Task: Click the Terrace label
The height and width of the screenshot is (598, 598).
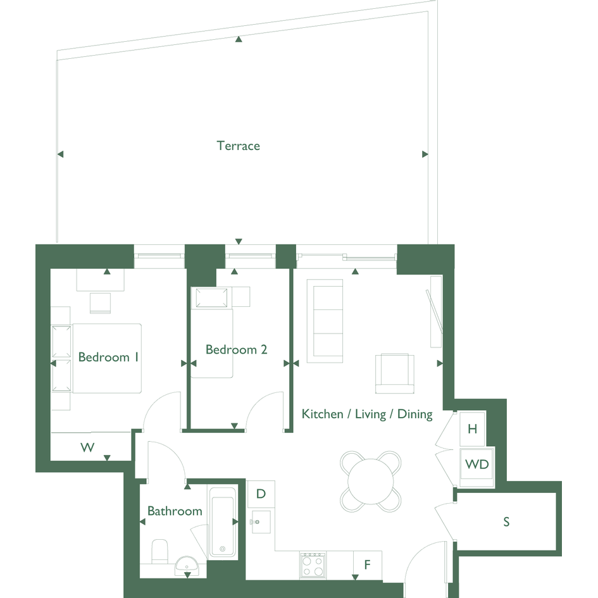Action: tap(239, 146)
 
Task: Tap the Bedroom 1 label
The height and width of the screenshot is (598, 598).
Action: tap(108, 357)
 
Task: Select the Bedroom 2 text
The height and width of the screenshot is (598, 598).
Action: tap(236, 349)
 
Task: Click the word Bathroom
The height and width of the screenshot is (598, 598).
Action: tap(175, 511)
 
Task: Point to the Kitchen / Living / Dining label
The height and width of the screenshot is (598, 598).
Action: tap(367, 414)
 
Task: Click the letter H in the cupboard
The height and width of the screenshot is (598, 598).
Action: tap(473, 429)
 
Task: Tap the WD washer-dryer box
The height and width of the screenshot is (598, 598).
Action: tap(477, 467)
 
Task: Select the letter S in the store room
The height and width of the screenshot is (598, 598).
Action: tap(506, 521)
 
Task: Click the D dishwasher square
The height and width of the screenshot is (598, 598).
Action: tap(261, 494)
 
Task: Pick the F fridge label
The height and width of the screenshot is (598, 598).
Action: tap(367, 564)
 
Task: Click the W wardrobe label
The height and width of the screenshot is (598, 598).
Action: tap(87, 447)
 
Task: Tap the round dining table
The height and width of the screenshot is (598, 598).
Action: tap(370, 482)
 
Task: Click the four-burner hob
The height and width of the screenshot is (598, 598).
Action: tap(313, 565)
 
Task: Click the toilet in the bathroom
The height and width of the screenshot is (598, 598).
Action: tap(160, 551)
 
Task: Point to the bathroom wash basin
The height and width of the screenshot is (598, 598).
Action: tap(187, 565)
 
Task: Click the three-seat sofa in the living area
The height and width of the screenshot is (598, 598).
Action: tap(325, 321)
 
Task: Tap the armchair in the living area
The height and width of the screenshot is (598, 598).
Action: tap(395, 374)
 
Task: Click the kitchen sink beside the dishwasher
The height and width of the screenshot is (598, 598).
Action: tap(261, 521)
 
